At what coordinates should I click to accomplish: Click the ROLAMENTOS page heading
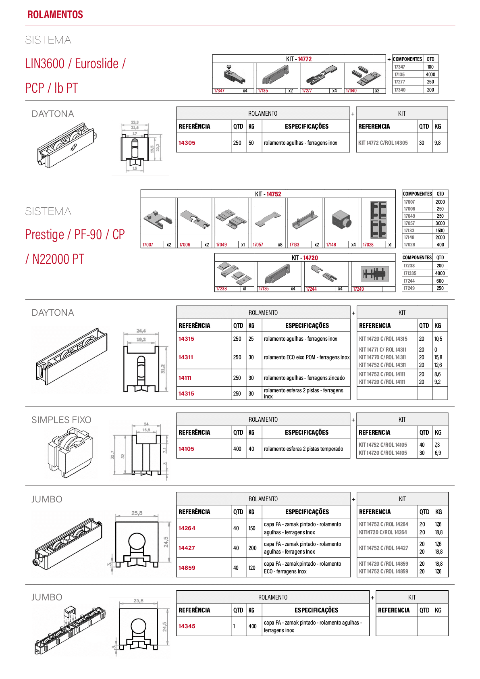pos(55,15)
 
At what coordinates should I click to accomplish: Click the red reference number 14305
pos(187,143)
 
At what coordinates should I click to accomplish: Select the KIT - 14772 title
pos(299,59)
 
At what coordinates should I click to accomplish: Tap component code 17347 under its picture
pos(219,91)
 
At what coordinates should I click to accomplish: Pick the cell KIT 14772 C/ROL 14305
pos(383,143)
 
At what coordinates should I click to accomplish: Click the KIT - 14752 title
pos(268,194)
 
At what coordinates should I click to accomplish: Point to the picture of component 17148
pos(341,220)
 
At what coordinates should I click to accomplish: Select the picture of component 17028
pos(378,219)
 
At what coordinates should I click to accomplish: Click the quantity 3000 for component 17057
pos(440,223)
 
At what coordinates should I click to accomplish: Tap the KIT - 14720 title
pos(305,258)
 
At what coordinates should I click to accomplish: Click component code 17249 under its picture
pos(358,289)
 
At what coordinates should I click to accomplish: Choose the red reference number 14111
pos(185,378)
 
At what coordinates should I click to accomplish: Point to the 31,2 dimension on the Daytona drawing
pos(163,369)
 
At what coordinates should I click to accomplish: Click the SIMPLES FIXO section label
pos(61,420)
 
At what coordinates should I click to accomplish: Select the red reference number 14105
pos(186,449)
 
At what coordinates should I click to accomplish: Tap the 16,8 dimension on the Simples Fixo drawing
pos(146,430)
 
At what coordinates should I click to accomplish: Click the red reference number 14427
pos(187,548)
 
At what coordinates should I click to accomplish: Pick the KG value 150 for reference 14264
pos(252,528)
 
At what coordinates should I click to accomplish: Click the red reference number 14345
pos(187,626)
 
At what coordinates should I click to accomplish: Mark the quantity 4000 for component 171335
pos(440,273)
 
